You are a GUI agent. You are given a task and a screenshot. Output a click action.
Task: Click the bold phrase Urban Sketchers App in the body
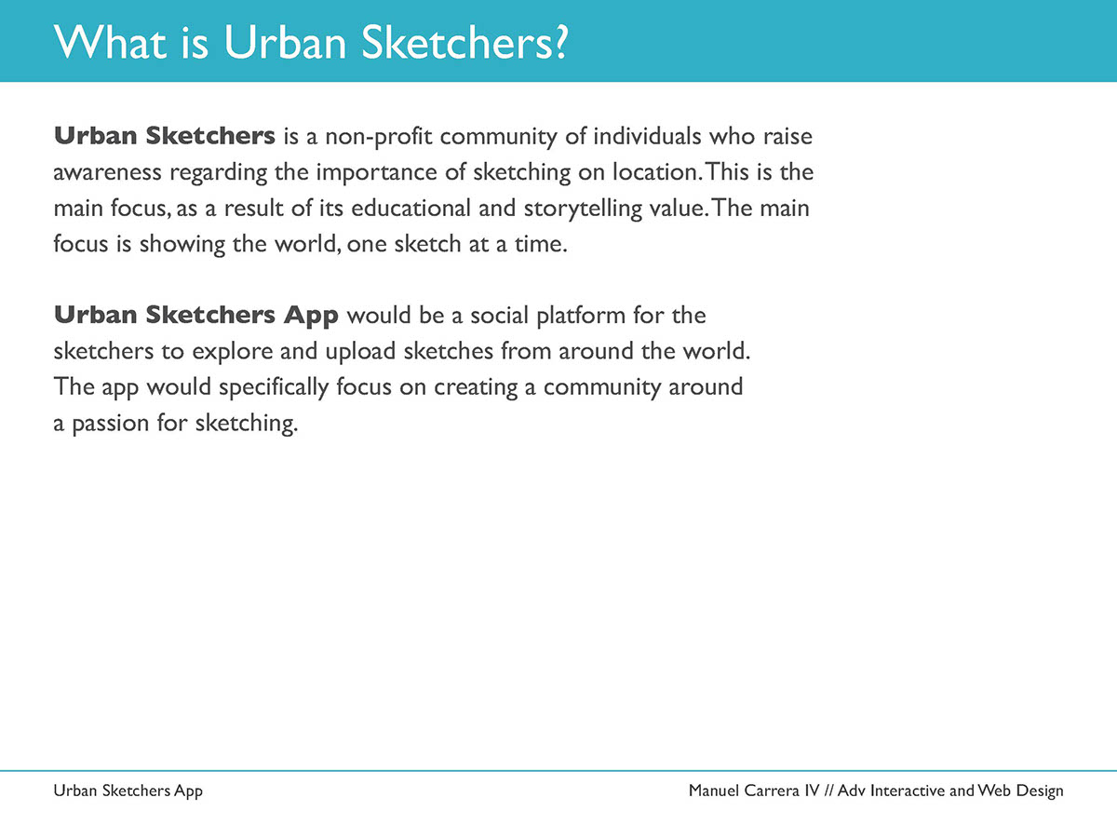[196, 316]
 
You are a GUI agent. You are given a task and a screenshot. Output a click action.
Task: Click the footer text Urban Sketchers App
[128, 791]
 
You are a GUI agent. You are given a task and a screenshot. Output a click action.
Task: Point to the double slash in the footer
[830, 791]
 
